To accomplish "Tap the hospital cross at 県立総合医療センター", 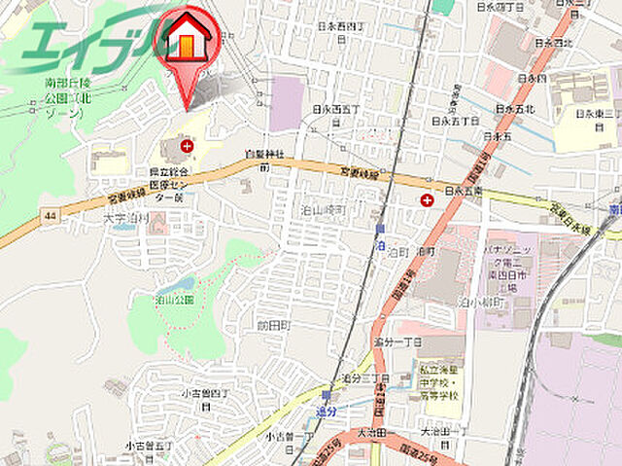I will pos(188,146).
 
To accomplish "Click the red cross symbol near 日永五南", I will pos(427,200).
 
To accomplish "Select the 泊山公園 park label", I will pos(175,300).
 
